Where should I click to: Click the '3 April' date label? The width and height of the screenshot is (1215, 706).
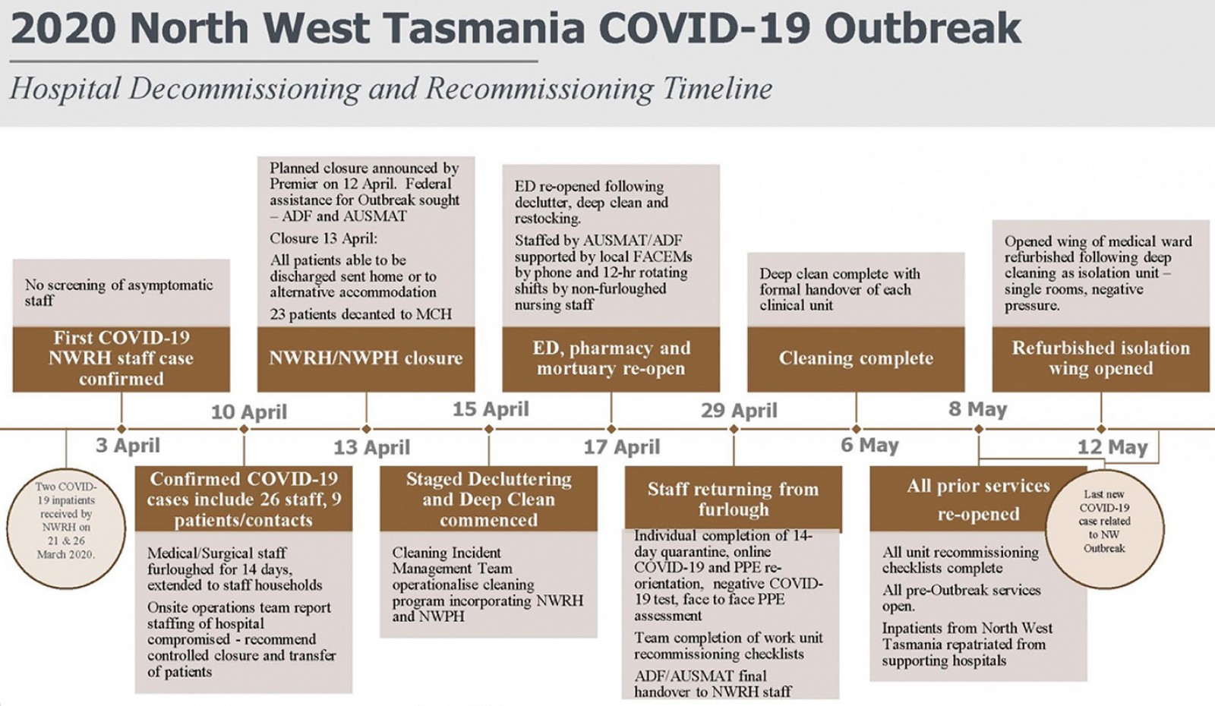pos(128,446)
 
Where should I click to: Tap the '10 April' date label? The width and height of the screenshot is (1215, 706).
pos(249,412)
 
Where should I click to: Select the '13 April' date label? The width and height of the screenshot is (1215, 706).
pos(371,447)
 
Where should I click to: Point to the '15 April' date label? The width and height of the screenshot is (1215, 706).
pos(491,409)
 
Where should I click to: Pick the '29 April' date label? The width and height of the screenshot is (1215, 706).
pos(739,411)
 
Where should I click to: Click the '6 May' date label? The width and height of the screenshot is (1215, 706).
pos(870,445)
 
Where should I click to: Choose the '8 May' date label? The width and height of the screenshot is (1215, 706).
pos(977,409)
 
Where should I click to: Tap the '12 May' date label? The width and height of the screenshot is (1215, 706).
pos(1112,447)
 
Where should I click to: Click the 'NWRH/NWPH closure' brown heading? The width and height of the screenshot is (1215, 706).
pos(366,358)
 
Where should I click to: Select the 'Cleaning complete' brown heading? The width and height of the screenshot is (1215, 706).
pos(856,358)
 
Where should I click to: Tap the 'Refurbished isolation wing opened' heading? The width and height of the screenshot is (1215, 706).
pos(1101,358)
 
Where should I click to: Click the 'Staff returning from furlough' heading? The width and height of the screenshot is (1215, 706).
pos(734,499)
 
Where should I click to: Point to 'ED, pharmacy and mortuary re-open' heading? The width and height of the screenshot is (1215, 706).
pos(611,358)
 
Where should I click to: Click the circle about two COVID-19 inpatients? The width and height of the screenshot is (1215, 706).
pos(66,528)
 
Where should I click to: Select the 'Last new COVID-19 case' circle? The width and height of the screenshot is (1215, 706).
pos(1104,528)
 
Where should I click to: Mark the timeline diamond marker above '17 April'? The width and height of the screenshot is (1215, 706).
pos(611,429)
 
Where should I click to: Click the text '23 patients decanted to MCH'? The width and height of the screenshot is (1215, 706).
pos(361,314)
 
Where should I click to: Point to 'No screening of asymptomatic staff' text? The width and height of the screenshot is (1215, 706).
pos(119,293)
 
